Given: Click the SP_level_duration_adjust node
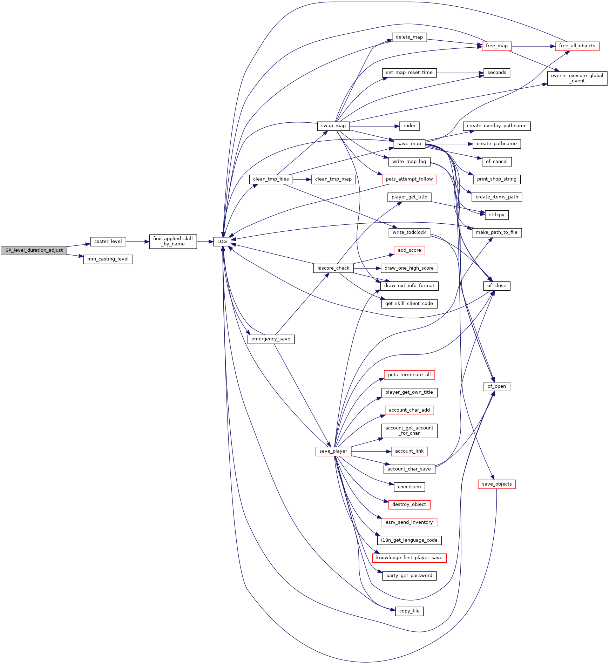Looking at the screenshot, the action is pyautogui.click(x=34, y=250).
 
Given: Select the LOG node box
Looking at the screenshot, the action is pyautogui.click(x=222, y=242).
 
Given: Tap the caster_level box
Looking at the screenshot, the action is pyautogui.click(x=108, y=242).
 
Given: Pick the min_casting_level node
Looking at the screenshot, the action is pyautogui.click(x=108, y=259).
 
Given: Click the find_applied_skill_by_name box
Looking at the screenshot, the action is pyautogui.click(x=173, y=242).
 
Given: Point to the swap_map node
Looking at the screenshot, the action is pyautogui.click(x=333, y=126).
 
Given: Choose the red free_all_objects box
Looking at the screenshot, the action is pyautogui.click(x=577, y=46).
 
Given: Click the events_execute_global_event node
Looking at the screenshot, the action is pyautogui.click(x=577, y=78).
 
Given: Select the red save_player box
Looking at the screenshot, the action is pyautogui.click(x=333, y=451).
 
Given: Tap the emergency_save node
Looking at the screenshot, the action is pyautogui.click(x=271, y=339).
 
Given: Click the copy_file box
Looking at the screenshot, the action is pyautogui.click(x=409, y=611).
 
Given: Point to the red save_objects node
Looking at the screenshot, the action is pyautogui.click(x=496, y=484).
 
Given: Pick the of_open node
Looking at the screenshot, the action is pyautogui.click(x=496, y=386).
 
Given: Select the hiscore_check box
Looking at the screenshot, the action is pyautogui.click(x=333, y=268).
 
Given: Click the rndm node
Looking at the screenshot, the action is pyautogui.click(x=409, y=126).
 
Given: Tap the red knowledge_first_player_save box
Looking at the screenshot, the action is pyautogui.click(x=409, y=558).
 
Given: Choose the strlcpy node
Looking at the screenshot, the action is pyautogui.click(x=496, y=215).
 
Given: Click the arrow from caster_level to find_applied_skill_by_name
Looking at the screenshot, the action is pyautogui.click(x=137, y=242).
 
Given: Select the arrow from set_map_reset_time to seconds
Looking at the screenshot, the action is pyautogui.click(x=460, y=73).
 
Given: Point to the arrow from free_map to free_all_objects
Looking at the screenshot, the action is pyautogui.click(x=533, y=46).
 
